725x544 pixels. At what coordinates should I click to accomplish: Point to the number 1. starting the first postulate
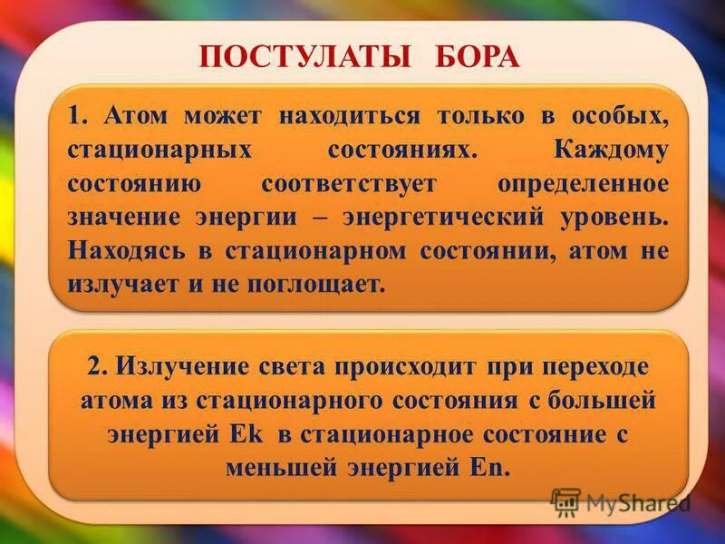79,116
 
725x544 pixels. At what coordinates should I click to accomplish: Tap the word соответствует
362,183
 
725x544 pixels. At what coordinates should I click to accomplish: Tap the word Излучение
169,367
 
